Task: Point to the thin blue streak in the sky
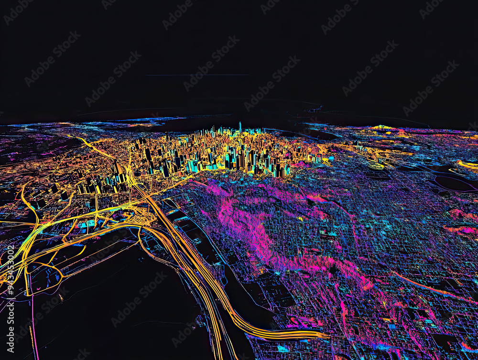tap(197, 75)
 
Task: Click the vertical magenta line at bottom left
tap(33, 330)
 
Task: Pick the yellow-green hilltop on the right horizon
tap(382, 127)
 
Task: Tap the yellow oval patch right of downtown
tap(376, 166)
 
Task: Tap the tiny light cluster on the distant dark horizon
tap(315, 109)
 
